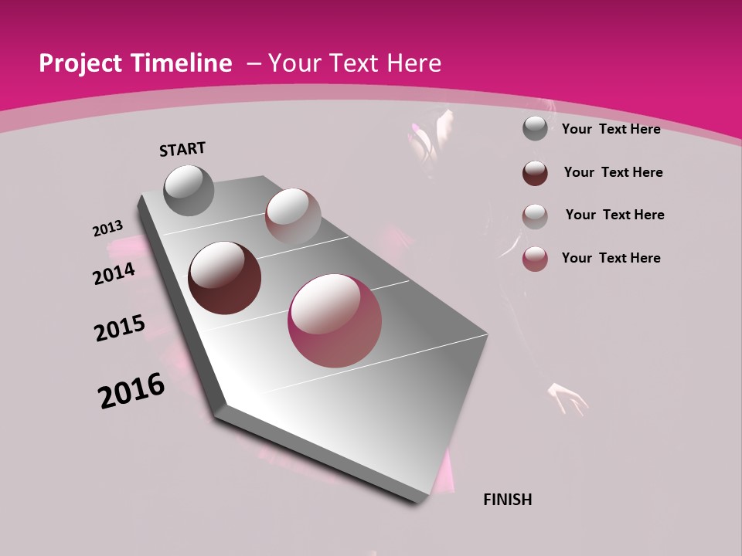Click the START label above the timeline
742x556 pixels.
[182, 149]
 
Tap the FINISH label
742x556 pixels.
[507, 500]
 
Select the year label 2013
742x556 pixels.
[108, 229]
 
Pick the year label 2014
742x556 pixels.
[114, 273]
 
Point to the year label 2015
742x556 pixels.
[120, 327]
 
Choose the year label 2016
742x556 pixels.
[131, 391]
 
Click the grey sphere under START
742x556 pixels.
[189, 190]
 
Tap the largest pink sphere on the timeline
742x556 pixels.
[335, 320]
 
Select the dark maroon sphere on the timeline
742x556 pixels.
[225, 278]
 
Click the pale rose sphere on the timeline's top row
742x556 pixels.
[293, 215]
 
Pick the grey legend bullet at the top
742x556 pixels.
[535, 128]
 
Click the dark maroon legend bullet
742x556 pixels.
[535, 173]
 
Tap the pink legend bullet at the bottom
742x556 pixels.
[535, 259]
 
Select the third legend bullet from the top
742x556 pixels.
[535, 215]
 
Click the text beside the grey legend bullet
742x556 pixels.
[611, 129]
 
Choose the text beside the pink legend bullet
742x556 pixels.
[611, 258]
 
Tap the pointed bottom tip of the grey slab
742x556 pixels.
[417, 500]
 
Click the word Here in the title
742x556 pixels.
[414, 64]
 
